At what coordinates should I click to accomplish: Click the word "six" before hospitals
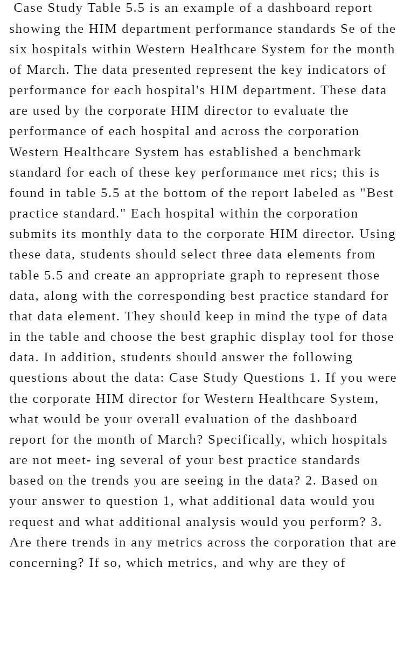point(18,50)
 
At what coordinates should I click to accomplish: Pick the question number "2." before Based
point(311,481)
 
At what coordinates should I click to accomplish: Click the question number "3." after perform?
point(376,522)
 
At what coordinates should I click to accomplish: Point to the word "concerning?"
point(46,563)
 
